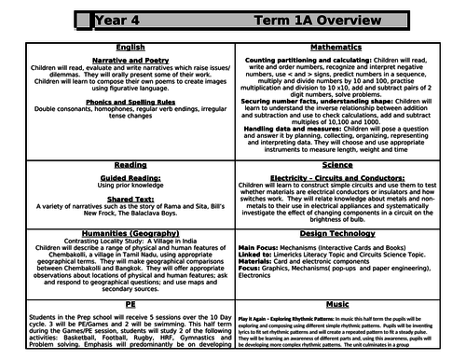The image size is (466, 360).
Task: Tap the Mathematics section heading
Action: coord(352,45)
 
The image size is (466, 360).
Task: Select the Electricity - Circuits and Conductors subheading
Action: coord(352,174)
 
